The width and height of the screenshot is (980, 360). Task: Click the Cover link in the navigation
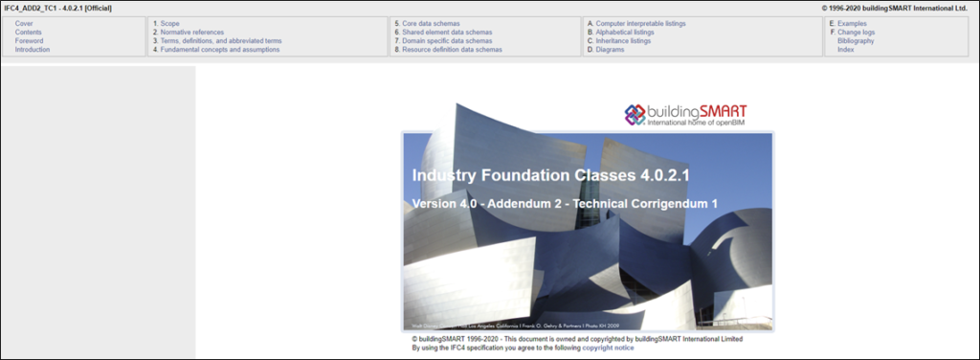pyautogui.click(x=24, y=22)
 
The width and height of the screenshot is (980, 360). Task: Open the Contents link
pyautogui.click(x=29, y=32)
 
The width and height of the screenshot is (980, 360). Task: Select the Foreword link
pyautogui.click(x=29, y=40)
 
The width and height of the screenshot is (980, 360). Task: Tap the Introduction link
pyautogui.click(x=33, y=49)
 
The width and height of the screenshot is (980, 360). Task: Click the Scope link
pyautogui.click(x=169, y=22)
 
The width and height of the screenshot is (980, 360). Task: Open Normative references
pyautogui.click(x=191, y=32)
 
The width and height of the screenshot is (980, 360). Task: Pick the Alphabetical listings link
pyautogui.click(x=625, y=32)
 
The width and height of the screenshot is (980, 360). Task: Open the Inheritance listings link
pyautogui.click(x=625, y=40)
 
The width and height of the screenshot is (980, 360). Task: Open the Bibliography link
pyautogui.click(x=856, y=40)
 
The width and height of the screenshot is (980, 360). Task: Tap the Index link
pyautogui.click(x=845, y=49)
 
